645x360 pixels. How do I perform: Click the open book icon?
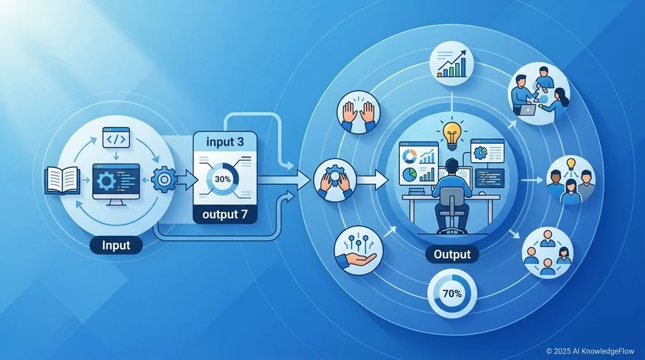point(62,180)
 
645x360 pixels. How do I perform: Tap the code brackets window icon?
point(116,138)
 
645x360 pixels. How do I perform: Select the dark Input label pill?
point(116,245)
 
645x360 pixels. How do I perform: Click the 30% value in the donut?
point(223,179)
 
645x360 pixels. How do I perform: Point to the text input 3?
point(225,142)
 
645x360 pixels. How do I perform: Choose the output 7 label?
point(225,214)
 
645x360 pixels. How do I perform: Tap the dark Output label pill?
point(452,255)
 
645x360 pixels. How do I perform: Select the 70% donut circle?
point(452,294)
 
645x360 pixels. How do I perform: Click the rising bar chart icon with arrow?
point(451,64)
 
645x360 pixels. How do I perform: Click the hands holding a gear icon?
point(335,180)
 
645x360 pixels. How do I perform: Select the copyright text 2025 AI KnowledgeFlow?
point(590,351)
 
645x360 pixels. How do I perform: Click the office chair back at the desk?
point(451,200)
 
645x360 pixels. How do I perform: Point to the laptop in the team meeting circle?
point(526,109)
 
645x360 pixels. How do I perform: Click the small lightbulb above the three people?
point(571,164)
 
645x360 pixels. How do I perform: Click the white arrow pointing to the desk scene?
point(372,180)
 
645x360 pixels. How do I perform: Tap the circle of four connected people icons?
point(548,252)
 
